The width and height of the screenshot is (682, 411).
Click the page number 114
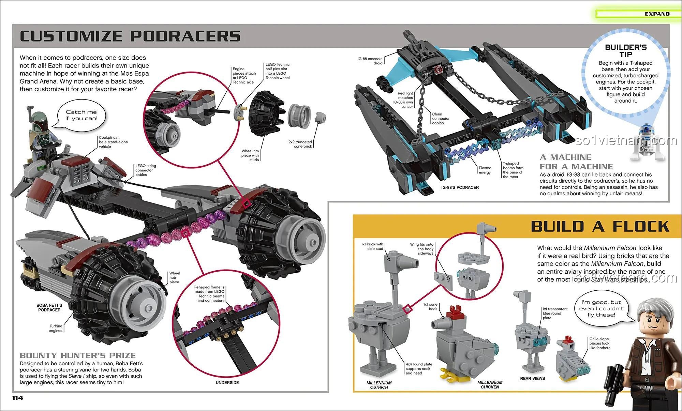18,398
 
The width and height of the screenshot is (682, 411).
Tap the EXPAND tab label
657,14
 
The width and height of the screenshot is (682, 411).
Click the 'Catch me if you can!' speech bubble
81,115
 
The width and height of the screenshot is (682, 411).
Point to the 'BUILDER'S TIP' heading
626,51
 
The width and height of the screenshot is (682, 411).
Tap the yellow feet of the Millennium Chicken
454,375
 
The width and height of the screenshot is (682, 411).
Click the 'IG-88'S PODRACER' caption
460,187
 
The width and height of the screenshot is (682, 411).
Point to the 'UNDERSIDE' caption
227,383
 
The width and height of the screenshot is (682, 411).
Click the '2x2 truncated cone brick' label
300,144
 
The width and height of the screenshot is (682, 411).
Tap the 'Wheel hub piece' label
175,277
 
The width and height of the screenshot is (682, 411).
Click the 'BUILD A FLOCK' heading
600,227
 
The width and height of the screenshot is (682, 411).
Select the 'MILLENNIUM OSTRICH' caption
379,385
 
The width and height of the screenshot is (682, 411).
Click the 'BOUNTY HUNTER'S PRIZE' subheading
78,355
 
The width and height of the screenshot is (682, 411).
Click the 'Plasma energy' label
485,170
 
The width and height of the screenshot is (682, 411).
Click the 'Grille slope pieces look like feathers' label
599,343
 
